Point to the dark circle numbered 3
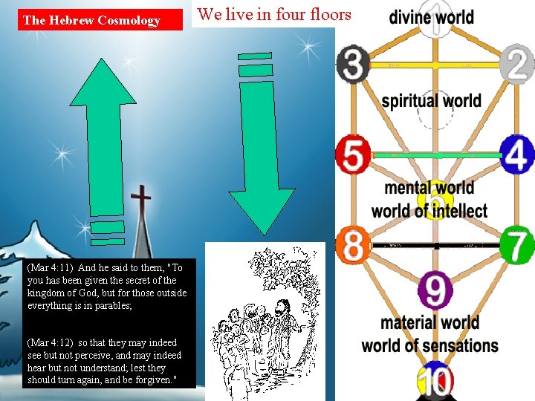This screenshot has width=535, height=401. pos(354,64)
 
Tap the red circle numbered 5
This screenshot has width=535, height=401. pos(354,155)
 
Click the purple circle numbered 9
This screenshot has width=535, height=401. pos(435,290)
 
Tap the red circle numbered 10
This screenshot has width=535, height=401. pos(435,382)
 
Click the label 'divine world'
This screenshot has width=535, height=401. pos(431,16)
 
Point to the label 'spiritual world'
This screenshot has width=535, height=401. pos(431,100)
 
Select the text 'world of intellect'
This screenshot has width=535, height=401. pos(429,211)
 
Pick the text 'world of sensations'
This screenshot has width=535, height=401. pos(429,345)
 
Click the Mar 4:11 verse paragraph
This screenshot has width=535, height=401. pos(105,287)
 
